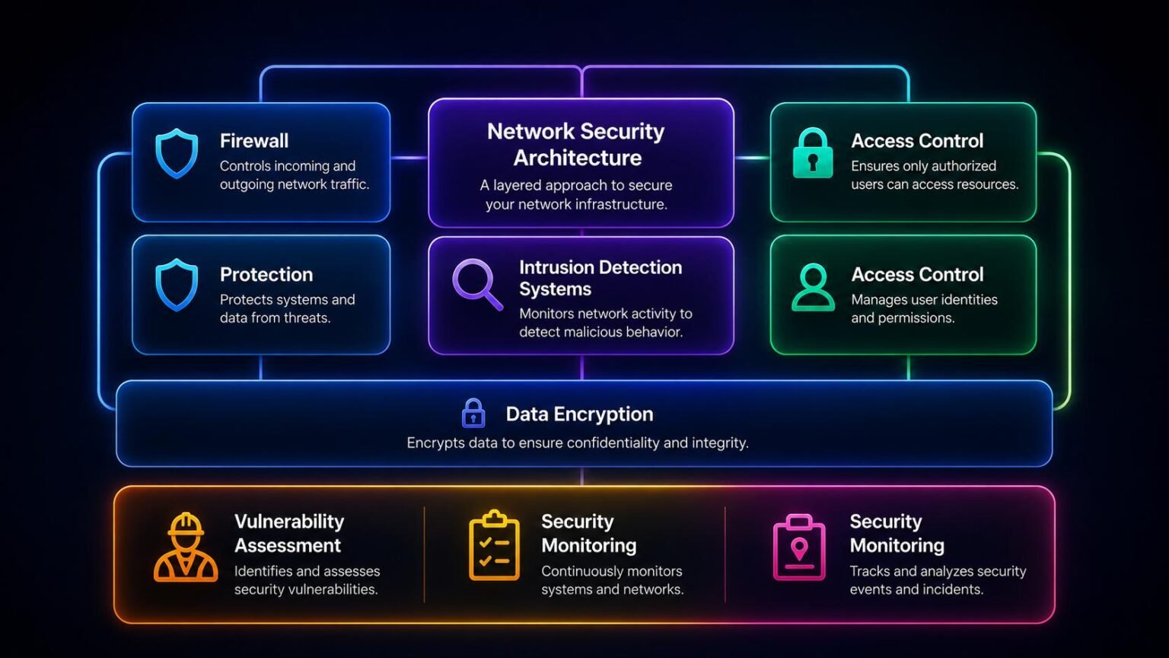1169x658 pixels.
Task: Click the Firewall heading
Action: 254,141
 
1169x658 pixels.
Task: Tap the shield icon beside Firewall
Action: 177,154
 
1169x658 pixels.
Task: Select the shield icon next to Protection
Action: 177,285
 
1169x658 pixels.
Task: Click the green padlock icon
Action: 813,153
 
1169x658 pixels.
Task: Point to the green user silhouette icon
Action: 813,288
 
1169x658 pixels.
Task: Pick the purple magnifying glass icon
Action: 477,285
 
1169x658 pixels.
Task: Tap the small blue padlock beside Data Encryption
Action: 473,413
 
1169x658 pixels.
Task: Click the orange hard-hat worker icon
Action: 186,548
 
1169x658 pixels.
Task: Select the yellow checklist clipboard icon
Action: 494,545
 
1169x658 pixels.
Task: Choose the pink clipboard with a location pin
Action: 799,548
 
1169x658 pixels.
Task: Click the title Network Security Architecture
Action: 576,145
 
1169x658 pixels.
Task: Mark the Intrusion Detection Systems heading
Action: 600,278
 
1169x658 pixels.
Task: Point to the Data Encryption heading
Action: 579,414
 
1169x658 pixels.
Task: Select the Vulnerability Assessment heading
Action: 289,533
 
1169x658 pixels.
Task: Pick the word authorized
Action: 965,166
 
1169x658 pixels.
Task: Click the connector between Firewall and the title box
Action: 409,158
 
